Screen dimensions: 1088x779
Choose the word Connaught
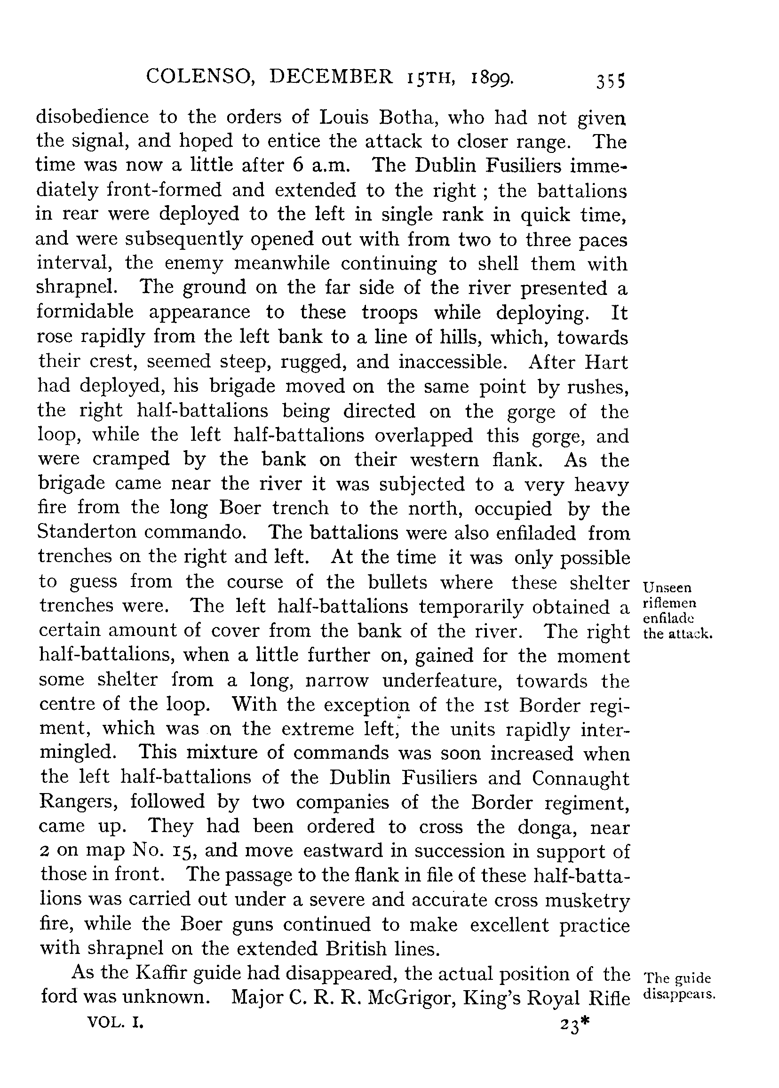(580, 777)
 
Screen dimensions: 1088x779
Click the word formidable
(86, 312)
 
